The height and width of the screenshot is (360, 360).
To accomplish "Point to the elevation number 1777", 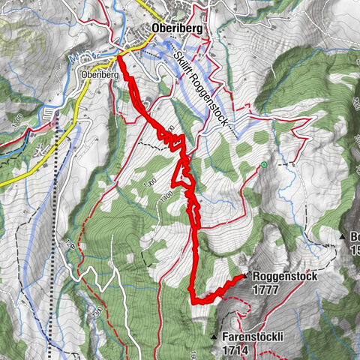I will tap(266, 289).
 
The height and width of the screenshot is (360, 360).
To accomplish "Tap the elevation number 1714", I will tap(235, 350).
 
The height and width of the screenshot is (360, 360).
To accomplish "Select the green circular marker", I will tap(263, 164).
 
